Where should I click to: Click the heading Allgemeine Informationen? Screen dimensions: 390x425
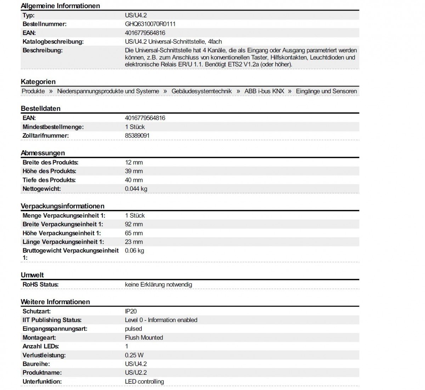(x=60, y=6)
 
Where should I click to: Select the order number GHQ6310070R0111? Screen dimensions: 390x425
(x=150, y=24)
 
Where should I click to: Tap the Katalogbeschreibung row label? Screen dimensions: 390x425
(x=53, y=42)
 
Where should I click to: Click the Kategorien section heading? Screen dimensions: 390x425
(x=38, y=82)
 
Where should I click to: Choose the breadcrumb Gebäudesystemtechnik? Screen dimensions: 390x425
(x=202, y=91)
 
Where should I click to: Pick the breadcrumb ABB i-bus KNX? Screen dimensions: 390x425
(x=264, y=91)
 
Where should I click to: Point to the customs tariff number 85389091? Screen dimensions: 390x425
(x=137, y=136)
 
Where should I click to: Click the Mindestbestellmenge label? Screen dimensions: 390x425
(x=53, y=127)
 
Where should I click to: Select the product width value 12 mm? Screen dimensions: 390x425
(x=134, y=162)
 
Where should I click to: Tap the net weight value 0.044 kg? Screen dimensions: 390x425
(x=136, y=189)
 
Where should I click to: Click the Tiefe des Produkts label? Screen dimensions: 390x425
(x=49, y=180)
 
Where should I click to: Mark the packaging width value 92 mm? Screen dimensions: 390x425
(x=134, y=224)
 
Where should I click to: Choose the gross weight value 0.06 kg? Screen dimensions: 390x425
(x=134, y=251)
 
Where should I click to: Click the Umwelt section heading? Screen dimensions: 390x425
(x=32, y=275)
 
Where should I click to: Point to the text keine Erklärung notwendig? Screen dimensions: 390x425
(x=158, y=285)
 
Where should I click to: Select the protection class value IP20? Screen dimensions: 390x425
(x=130, y=311)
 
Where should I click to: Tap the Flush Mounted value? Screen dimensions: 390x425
(x=144, y=338)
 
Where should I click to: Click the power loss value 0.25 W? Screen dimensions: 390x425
(x=134, y=355)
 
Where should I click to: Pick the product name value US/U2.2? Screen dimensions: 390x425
(x=136, y=373)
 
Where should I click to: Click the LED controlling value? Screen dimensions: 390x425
(x=144, y=382)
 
